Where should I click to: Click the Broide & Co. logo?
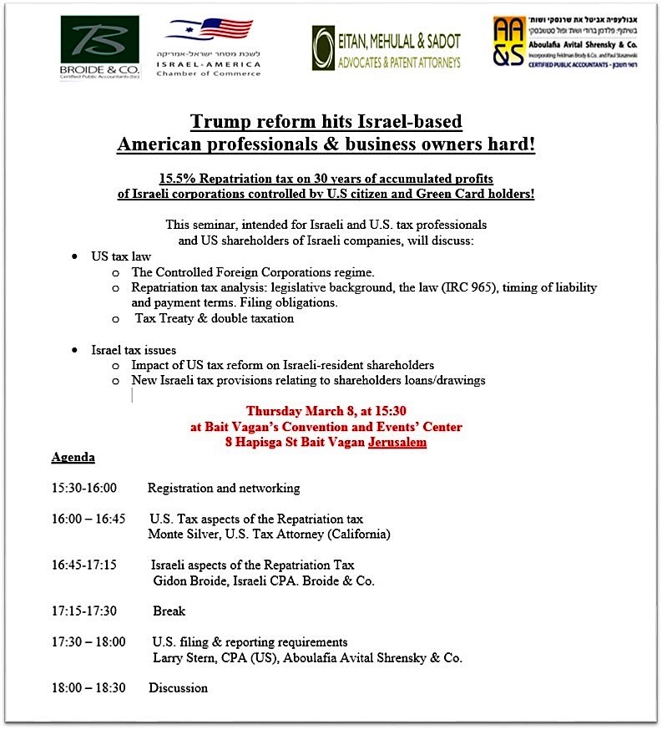(x=100, y=47)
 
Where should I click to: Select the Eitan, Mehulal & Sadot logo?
(x=386, y=47)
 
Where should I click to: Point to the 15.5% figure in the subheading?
(x=178, y=180)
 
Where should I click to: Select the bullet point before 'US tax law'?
(x=75, y=256)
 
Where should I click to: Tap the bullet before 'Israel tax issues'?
(x=75, y=350)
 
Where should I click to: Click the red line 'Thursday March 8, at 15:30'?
(x=326, y=411)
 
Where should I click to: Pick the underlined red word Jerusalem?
(x=397, y=443)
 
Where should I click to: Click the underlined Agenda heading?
(x=73, y=458)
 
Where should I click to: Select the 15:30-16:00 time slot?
(x=83, y=488)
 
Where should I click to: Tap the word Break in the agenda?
(x=169, y=611)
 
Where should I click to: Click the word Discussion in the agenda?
(x=178, y=688)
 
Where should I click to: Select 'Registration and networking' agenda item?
(x=223, y=488)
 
